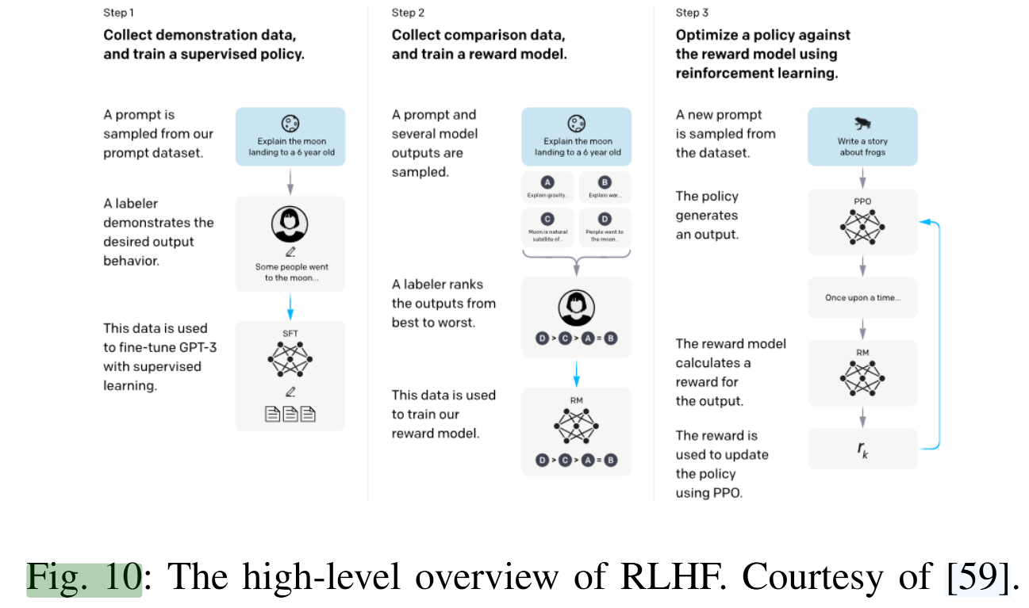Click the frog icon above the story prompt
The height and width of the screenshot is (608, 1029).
862,124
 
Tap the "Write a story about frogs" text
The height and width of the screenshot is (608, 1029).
862,147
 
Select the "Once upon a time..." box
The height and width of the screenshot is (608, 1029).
862,298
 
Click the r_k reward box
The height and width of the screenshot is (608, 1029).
862,449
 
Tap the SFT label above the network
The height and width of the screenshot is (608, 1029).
290,334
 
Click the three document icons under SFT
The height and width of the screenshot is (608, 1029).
290,413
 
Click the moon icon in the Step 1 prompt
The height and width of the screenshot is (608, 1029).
290,124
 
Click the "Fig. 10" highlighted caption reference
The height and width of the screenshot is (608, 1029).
84,578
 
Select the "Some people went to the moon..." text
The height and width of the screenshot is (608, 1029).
291,272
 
